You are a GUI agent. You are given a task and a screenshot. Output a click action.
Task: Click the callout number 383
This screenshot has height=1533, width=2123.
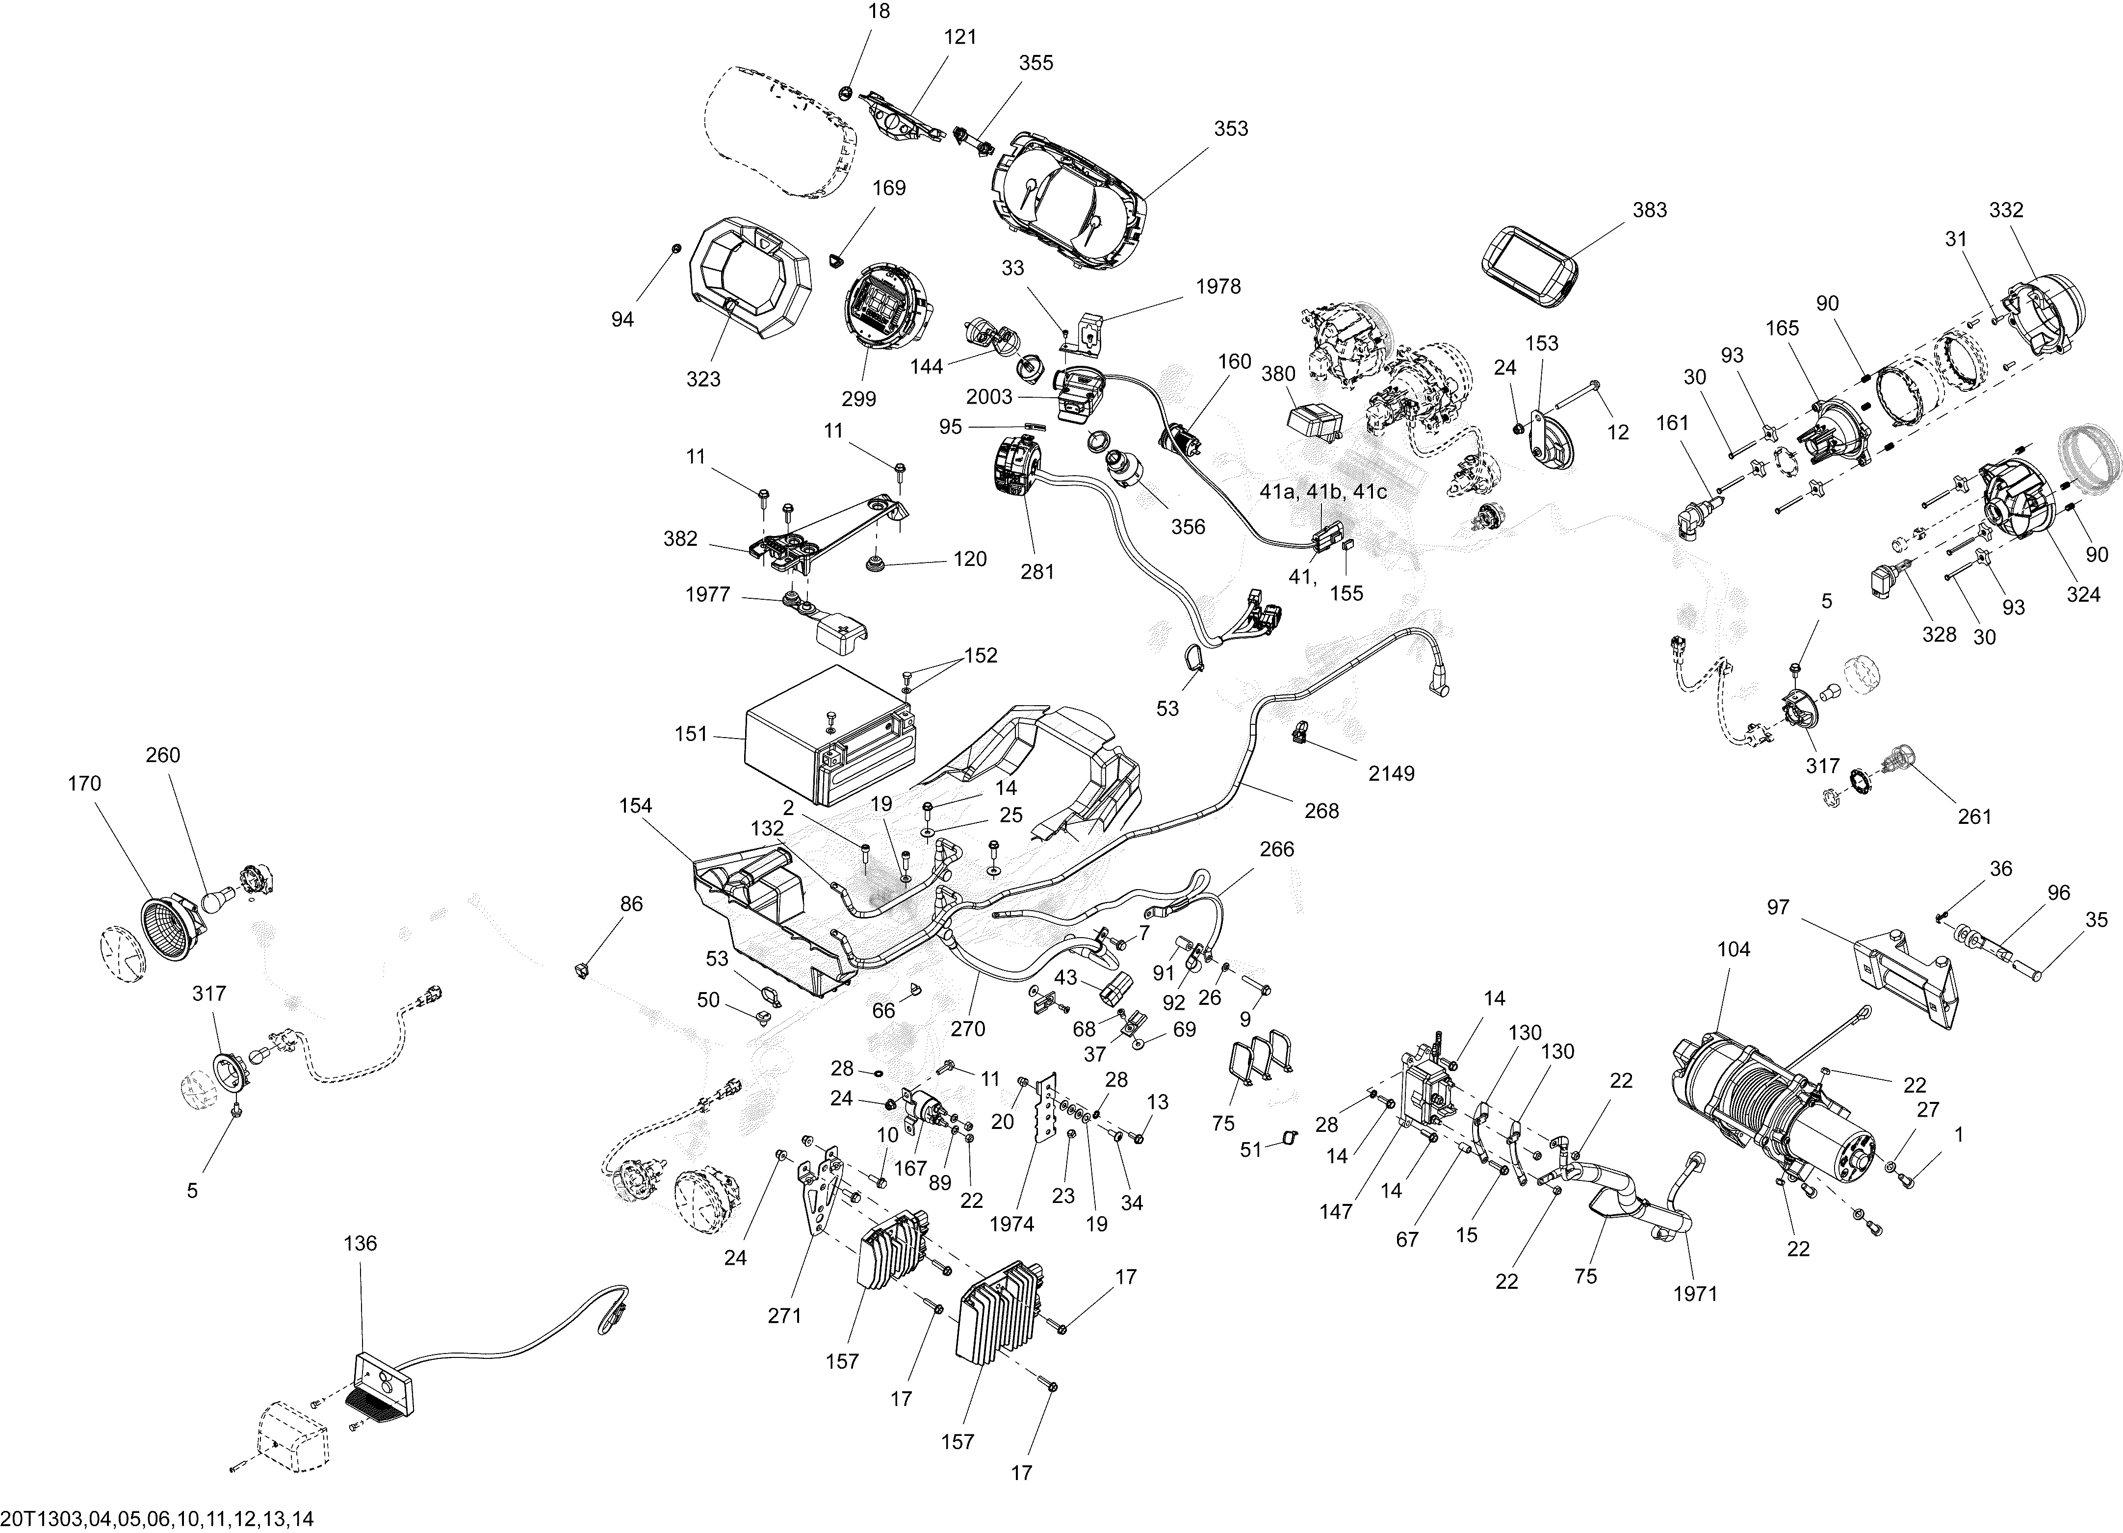point(1649,209)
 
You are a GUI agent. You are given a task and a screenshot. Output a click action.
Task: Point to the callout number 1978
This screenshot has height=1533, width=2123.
point(1218,286)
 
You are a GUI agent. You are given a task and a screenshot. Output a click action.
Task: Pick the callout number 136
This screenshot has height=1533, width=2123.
point(361,1243)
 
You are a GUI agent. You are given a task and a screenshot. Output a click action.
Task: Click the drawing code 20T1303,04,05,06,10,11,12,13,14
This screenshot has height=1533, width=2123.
point(157,1518)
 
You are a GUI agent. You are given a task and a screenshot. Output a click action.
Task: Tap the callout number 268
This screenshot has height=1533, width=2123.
point(1322,811)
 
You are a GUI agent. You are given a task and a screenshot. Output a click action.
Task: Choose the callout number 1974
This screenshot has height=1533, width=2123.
point(1011,1224)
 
